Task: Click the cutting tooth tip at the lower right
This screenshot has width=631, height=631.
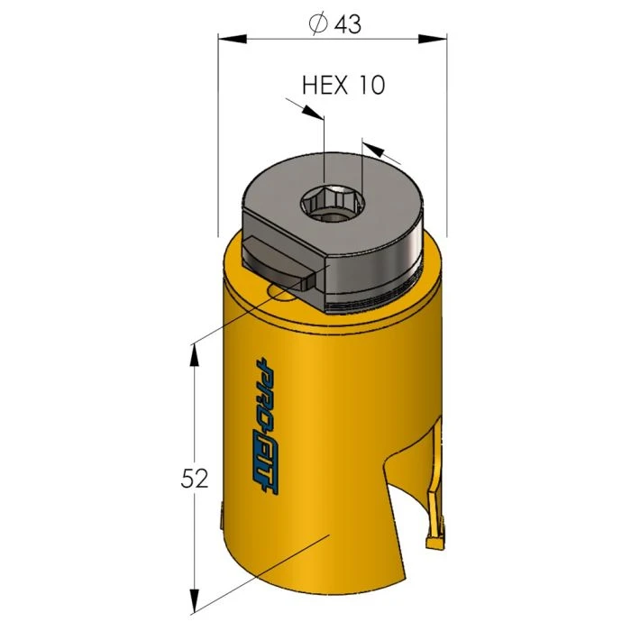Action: coord(434,543)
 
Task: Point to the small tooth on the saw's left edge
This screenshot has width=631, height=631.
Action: coord(222,518)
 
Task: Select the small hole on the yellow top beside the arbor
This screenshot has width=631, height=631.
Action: coord(281,292)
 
